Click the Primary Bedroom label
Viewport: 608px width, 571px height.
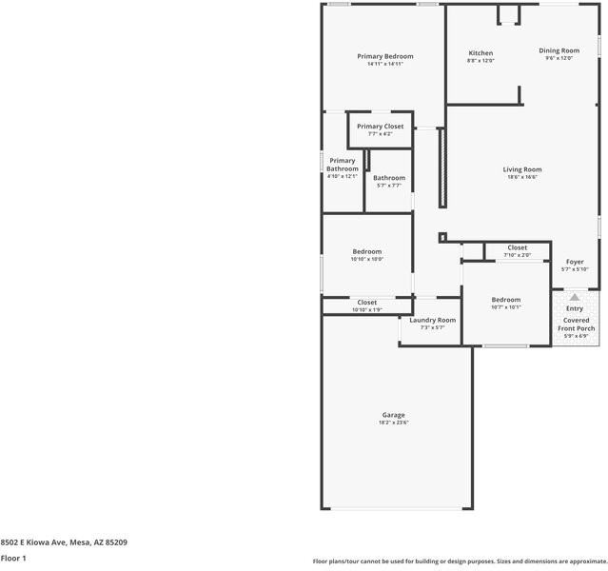(384, 56)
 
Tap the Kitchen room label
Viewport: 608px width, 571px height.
(481, 52)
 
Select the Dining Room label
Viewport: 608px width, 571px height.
(559, 50)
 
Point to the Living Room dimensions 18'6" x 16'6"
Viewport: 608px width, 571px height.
(521, 177)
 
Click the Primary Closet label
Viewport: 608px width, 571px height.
(380, 127)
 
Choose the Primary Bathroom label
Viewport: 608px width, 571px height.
(342, 165)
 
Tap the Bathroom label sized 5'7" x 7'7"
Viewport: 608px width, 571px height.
(388, 178)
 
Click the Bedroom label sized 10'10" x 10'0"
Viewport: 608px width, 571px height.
(366, 251)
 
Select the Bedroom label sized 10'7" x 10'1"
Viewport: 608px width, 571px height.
(505, 300)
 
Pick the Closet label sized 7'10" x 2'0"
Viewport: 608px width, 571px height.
(517, 247)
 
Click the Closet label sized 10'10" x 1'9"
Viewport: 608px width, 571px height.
(366, 303)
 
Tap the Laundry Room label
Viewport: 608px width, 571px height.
(432, 320)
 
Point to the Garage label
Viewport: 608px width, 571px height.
(394, 415)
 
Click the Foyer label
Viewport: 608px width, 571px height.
(575, 262)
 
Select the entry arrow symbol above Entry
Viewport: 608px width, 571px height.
(575, 297)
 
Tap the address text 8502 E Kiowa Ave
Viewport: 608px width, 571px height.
(33, 542)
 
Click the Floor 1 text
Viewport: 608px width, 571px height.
(12, 559)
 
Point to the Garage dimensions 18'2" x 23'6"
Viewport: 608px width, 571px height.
(394, 423)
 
